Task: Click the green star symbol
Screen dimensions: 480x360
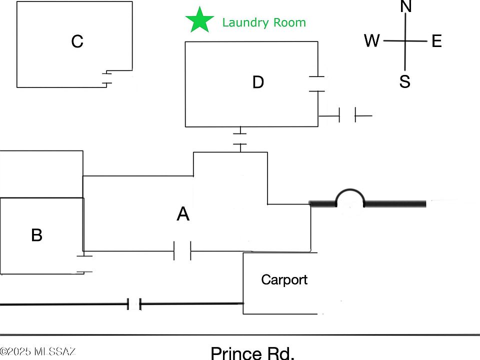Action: coord(199,20)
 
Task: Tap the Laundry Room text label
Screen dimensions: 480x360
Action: coord(264,22)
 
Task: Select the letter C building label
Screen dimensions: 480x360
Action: coord(77,41)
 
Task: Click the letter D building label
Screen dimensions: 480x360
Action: coord(258,82)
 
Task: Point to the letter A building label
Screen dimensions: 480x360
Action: coord(183,213)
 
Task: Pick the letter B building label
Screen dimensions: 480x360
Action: coord(36,235)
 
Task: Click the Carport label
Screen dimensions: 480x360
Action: coord(284,280)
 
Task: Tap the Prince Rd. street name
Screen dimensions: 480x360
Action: coord(252,353)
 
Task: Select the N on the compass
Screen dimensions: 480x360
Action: coord(406,6)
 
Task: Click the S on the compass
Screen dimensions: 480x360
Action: coord(404,81)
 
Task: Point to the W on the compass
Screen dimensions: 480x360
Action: coord(372,40)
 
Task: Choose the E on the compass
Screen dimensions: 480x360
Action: coord(437,41)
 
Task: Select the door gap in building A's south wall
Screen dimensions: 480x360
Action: coord(182,251)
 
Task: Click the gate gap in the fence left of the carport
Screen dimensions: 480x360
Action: coord(134,304)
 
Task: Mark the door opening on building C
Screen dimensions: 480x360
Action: coord(106,78)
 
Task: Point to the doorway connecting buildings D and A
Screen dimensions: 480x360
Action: coord(240,138)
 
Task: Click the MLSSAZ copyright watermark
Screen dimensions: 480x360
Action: coord(38,351)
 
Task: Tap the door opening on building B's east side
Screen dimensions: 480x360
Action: coord(83,264)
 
